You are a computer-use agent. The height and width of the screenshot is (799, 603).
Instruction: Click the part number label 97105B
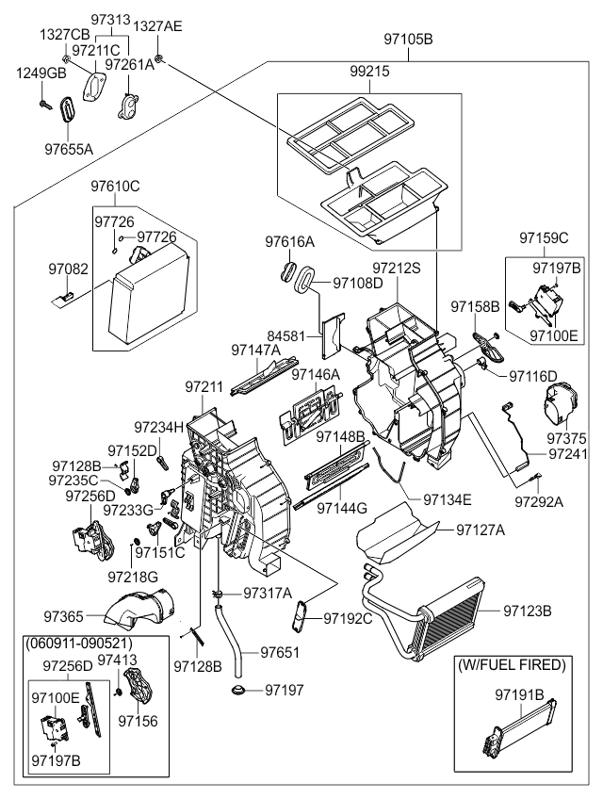coord(408,40)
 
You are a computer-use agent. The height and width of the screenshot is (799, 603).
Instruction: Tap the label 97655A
coord(69,148)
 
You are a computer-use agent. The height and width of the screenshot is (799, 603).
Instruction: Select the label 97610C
coord(115,186)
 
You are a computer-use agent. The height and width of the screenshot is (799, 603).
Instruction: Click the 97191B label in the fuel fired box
coord(520,695)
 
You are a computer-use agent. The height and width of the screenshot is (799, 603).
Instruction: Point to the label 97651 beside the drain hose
coord(280,651)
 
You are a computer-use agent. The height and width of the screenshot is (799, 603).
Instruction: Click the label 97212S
coord(397,269)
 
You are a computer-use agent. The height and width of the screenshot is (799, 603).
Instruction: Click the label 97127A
coord(481,530)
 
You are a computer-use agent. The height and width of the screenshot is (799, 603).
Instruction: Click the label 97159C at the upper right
coord(544,238)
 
